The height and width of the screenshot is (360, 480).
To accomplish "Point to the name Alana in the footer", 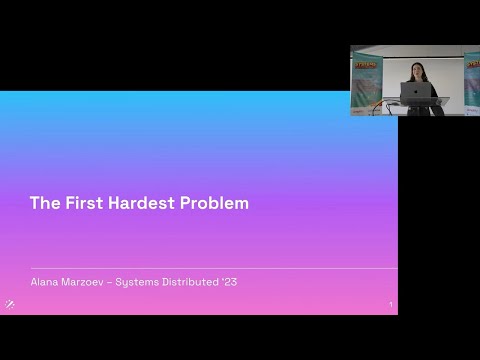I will (45, 282).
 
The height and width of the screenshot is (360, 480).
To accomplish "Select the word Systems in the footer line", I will (139, 282).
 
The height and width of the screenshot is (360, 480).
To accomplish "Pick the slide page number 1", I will (390, 305).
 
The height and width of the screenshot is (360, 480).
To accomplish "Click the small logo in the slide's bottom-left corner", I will (10, 304).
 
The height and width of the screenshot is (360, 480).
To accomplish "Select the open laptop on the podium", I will (415, 92).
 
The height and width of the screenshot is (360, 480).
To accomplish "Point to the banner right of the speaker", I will (471, 85).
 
